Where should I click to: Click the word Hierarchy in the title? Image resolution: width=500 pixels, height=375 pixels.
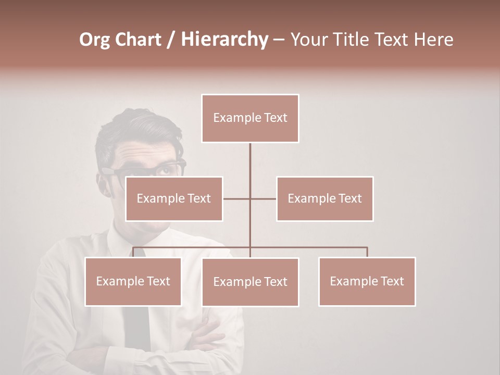pos(224,40)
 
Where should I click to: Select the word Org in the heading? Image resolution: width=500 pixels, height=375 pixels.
pos(95,40)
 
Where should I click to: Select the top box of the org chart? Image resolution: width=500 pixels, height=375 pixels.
pos(250,118)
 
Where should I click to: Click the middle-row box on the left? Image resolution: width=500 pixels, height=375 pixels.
pos(174,199)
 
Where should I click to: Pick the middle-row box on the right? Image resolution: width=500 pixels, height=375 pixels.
pos(324,199)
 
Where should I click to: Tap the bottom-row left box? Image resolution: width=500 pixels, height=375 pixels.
pos(133,281)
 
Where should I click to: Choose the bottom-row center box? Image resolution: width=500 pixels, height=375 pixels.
pos(250,282)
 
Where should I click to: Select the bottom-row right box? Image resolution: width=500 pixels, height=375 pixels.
pos(367,281)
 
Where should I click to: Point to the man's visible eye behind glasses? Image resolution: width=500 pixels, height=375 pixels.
pos(166,169)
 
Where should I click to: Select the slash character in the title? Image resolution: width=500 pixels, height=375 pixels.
pos(171,40)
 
